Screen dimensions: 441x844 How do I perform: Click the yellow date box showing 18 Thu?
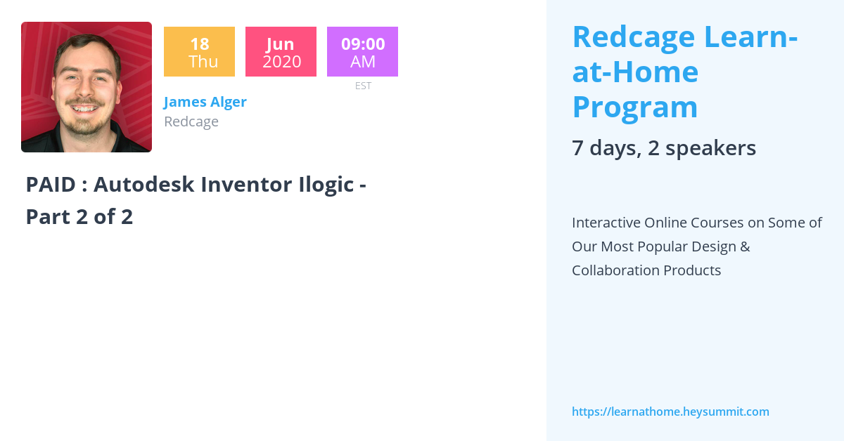tap(199, 52)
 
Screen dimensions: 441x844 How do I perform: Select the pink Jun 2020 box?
tap(281, 52)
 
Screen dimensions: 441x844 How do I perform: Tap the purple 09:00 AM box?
tap(362, 52)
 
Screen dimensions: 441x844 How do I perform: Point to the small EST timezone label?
tap(363, 86)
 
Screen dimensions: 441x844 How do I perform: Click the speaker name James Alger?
tap(205, 102)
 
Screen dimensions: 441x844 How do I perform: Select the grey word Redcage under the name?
tap(191, 121)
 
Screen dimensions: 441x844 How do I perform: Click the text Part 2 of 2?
tap(79, 217)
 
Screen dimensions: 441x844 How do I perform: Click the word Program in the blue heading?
tap(634, 107)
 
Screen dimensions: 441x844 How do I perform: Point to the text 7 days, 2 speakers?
tap(663, 148)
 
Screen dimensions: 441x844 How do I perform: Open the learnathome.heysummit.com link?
tap(670, 412)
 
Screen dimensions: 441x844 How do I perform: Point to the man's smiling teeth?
tap(85, 109)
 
